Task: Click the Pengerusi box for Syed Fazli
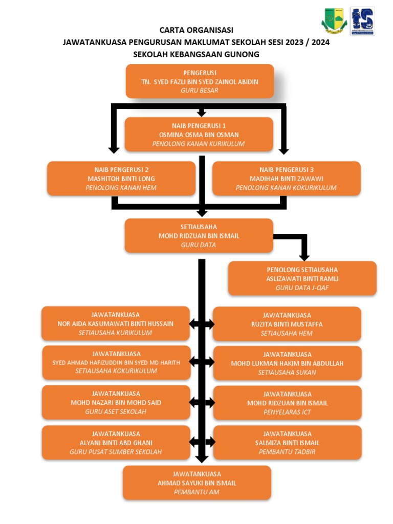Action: point(200,81)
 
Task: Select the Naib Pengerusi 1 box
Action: point(199,135)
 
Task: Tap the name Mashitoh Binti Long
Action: point(121,179)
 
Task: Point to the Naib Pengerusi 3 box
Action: point(286,179)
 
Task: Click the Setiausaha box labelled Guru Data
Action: point(199,236)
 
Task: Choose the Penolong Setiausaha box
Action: point(302,278)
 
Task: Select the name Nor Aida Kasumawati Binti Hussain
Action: point(116,323)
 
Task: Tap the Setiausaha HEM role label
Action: point(287,333)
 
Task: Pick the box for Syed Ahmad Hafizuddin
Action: point(116,362)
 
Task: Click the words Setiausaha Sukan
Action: point(287,373)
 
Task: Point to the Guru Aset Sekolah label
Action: point(116,411)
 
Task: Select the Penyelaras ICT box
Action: point(287,403)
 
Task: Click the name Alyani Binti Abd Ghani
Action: point(116,443)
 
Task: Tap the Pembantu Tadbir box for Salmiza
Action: point(287,443)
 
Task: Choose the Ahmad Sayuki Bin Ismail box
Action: point(197,483)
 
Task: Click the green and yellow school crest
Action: point(334,21)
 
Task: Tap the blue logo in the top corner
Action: point(362,21)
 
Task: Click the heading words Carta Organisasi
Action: point(196,30)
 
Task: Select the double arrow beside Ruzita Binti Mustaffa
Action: point(202,324)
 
